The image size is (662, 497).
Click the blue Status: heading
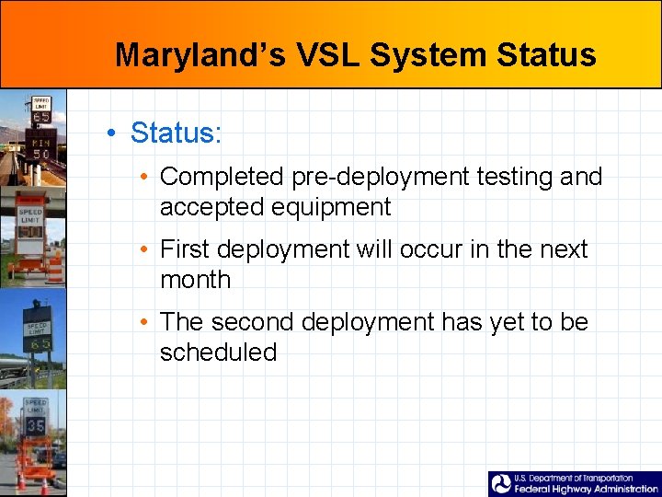(x=176, y=133)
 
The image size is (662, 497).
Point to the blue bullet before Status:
(x=109, y=133)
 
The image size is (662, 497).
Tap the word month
(x=195, y=280)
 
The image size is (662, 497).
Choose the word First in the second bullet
(x=187, y=249)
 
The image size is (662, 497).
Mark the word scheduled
(x=218, y=353)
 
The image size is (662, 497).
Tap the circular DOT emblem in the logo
(x=501, y=484)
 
